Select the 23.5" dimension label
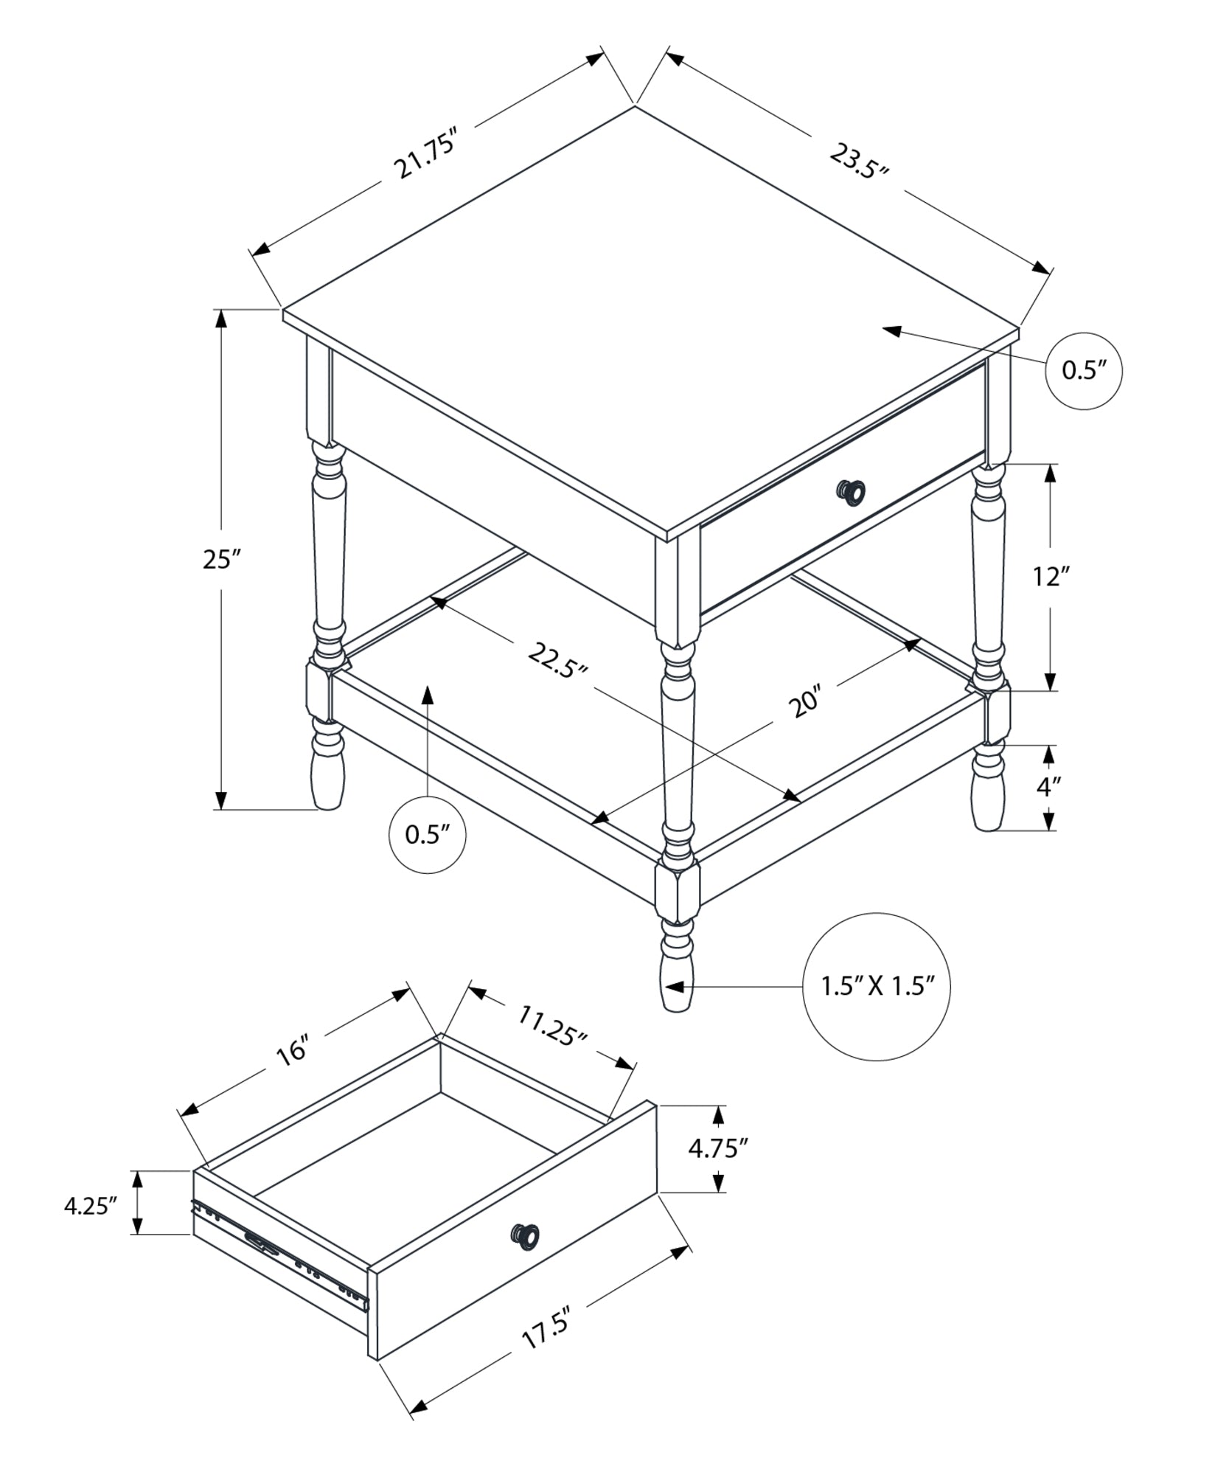[857, 162]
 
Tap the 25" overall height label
[222, 560]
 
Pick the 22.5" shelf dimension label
[557, 659]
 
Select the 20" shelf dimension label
[804, 702]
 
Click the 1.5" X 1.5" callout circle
[876, 987]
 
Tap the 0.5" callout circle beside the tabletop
[1084, 371]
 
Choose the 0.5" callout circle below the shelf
[427, 835]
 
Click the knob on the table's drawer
[851, 491]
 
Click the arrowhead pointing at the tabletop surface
[892, 331]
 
